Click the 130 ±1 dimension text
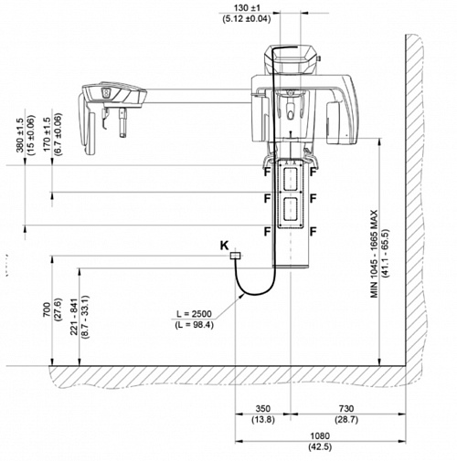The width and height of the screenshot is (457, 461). coord(247,7)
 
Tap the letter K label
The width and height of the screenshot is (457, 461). coord(225,246)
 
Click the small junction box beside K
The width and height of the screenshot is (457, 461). coord(235,256)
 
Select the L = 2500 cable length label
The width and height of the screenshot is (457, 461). coord(194,314)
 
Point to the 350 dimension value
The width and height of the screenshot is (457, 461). coord(263,409)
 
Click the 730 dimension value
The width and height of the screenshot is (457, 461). coord(346,409)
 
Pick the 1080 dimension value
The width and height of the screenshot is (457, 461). coord(320,435)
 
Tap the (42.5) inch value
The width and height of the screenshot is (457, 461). coord(320,446)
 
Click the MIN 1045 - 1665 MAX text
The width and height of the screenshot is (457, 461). coord(374,254)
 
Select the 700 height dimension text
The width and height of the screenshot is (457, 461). coord(47,309)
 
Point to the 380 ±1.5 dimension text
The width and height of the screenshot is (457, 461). coord(20,135)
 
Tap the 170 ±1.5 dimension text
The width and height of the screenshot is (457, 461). coord(47,135)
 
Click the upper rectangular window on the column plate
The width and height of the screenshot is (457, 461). coord(291,179)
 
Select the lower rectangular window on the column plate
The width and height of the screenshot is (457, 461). coord(291,209)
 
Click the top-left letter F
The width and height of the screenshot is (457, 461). coord(267,172)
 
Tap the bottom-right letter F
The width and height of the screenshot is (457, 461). coord(314,232)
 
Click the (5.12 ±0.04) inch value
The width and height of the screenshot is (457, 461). coord(247,19)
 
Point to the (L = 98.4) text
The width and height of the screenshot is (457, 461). coord(194,325)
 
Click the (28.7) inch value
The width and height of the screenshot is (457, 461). coord(346,420)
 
